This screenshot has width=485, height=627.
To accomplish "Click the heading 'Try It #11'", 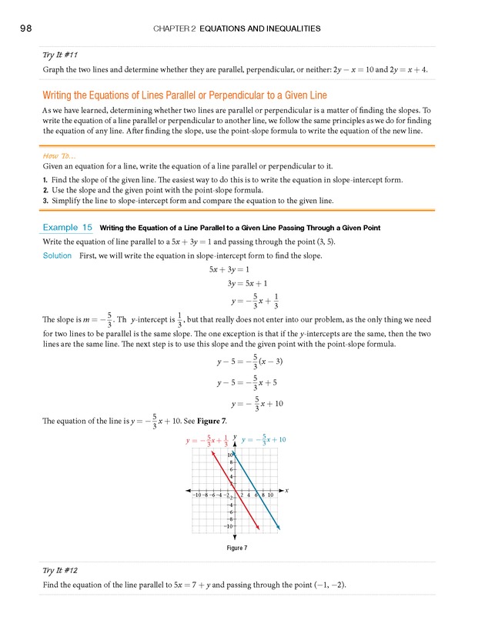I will pos(59,55).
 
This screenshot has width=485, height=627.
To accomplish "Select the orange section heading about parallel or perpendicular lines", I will pos(185,95).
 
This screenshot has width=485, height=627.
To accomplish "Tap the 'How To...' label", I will pos(59,154).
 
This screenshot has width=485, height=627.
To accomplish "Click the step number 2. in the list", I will pos(47,189).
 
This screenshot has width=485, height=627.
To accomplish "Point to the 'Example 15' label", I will pos(68,228).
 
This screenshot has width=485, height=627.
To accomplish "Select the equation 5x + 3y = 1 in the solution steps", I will pos(235,270).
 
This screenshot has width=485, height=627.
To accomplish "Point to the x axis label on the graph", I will pos(286,490).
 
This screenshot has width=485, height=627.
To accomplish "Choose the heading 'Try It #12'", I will pos(59,572).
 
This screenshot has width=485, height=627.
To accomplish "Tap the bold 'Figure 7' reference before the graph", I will pos(212,421).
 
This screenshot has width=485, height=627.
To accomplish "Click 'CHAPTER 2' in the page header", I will pos(175,28).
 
